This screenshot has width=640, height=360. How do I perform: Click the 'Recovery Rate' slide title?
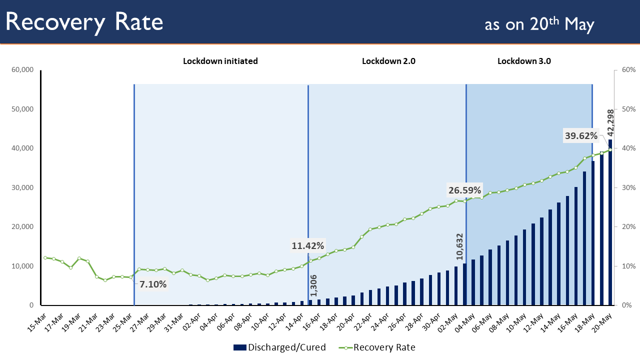[84, 22]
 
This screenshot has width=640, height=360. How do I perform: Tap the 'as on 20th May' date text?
[539, 24]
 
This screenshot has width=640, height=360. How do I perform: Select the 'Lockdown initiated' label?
[220, 61]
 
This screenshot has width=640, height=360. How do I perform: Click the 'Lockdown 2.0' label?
[388, 61]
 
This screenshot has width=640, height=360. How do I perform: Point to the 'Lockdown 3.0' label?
[524, 61]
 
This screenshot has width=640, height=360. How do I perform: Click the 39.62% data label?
[581, 135]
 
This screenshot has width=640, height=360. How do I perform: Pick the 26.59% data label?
[464, 190]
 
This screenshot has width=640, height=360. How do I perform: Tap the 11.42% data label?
[308, 245]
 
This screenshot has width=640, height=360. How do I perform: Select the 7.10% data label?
[153, 284]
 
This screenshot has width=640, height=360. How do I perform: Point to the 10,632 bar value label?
[459, 246]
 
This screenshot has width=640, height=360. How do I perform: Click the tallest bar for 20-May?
[610, 225]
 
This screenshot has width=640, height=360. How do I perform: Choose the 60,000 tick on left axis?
[22, 70]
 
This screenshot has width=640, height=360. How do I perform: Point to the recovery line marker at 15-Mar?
[45, 258]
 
